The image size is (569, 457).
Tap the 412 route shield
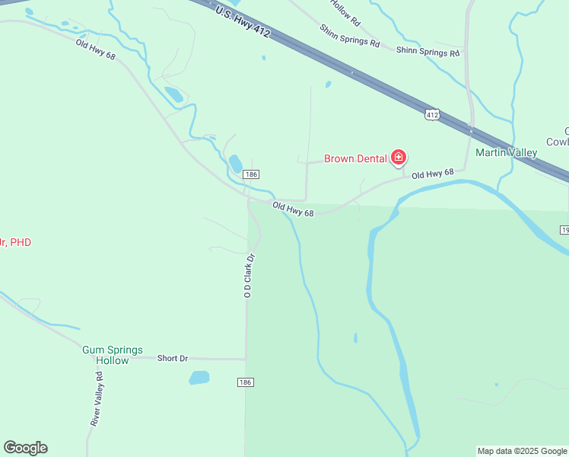tap(433, 114)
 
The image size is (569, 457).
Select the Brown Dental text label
tap(356, 158)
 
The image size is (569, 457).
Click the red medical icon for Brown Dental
tap(398, 158)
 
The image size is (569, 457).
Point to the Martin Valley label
tap(506, 152)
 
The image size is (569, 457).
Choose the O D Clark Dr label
tap(248, 276)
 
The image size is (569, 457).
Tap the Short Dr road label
tap(172, 358)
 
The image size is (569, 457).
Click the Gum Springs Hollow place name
tap(113, 355)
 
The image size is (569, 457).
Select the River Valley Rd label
tap(97, 398)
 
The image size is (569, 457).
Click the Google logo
tap(25, 448)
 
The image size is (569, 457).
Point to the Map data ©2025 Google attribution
tap(522, 451)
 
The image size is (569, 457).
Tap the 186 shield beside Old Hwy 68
tap(252, 174)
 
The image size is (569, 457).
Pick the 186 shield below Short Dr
tap(244, 382)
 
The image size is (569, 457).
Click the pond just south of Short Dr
tap(199, 377)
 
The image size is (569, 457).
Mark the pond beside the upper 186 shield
tap(236, 163)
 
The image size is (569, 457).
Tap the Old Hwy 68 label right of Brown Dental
tap(432, 174)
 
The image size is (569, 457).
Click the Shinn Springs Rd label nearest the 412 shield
tap(428, 53)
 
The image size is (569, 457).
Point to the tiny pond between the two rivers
tap(355, 337)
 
